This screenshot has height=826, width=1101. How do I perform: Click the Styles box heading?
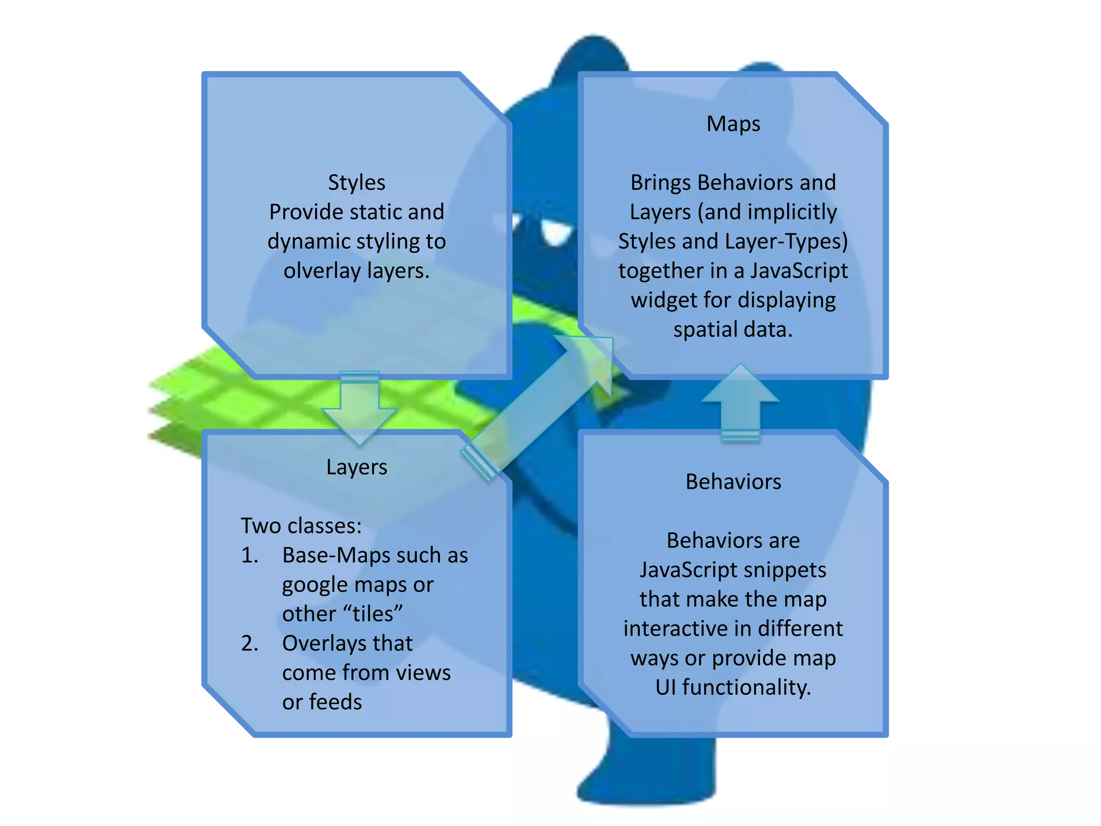pos(356,183)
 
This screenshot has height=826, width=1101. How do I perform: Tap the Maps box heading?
pos(733,124)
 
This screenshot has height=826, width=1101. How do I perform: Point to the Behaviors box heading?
pos(733,482)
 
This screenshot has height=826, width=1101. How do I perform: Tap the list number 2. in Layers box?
pos(249,644)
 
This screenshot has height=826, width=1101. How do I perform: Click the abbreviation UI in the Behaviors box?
pos(666,688)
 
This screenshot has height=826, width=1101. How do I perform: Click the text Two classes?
pos(301,526)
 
